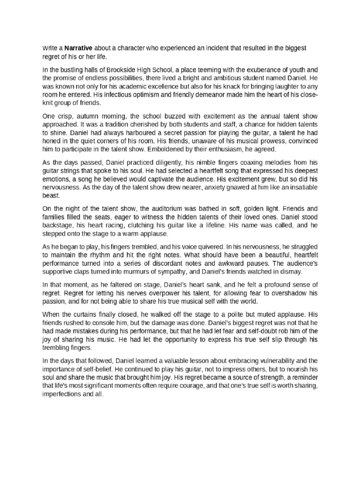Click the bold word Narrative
click(x=78, y=48)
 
